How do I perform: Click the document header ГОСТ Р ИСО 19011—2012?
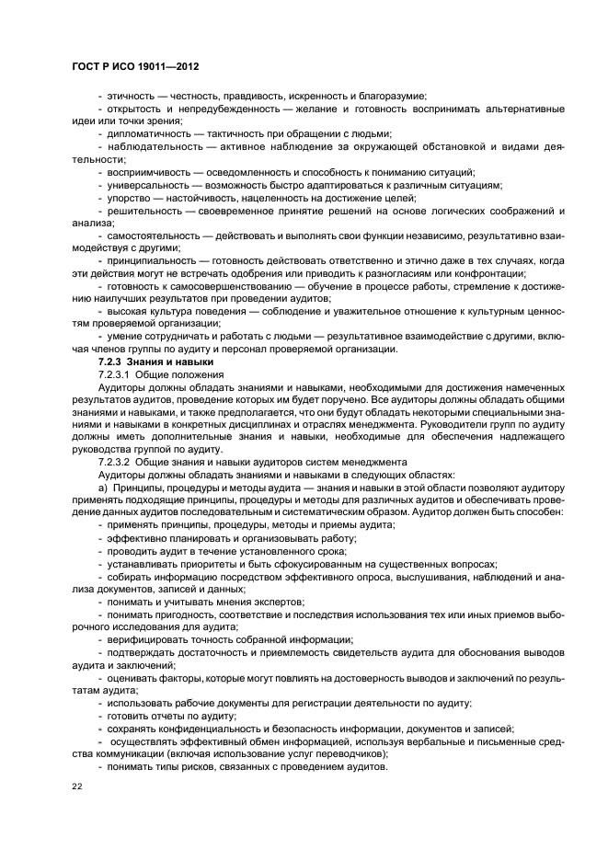click(135, 68)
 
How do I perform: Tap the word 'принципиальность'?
click(151, 261)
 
